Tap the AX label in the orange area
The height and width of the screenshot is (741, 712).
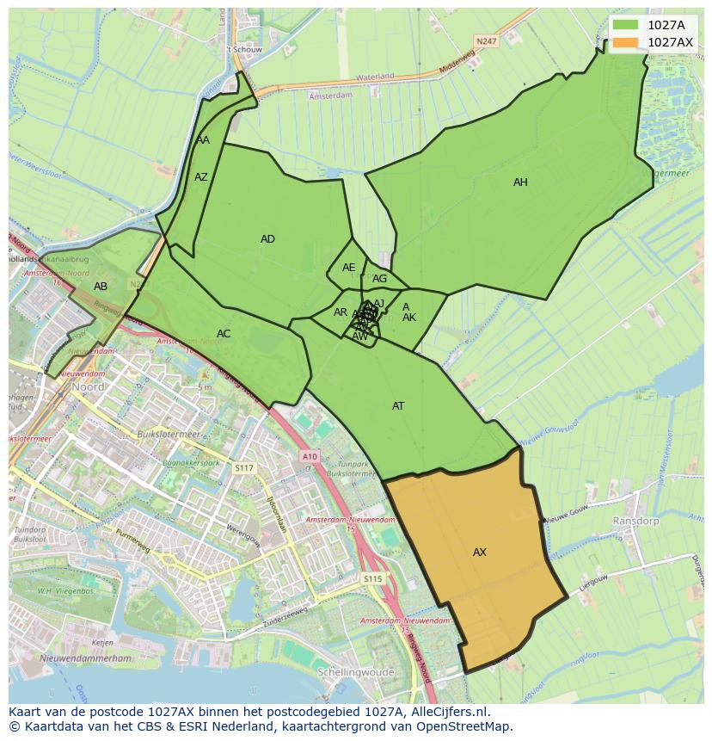pos(480,553)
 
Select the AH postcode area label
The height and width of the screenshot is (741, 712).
pos(520,182)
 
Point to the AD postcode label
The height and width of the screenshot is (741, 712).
pos(267,239)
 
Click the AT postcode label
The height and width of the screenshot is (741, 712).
pos(398,406)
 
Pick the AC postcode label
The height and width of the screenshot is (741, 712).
pos(224,334)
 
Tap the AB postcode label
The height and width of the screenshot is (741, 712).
pos(101,287)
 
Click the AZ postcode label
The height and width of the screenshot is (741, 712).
pos(201,177)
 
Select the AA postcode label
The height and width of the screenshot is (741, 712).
pos(203,140)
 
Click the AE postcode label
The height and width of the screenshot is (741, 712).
pos(348,268)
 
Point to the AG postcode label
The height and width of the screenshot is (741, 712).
pos(379,279)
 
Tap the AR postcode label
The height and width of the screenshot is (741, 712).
pos(341,312)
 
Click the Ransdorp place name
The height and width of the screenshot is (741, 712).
pos(635,522)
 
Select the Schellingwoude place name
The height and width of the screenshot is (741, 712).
pos(355,672)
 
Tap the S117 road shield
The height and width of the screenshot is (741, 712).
pos(245,467)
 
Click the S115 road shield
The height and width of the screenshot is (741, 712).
pos(371,579)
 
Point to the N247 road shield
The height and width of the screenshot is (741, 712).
pos(487,40)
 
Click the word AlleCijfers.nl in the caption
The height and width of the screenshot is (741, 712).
pos(446,712)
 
